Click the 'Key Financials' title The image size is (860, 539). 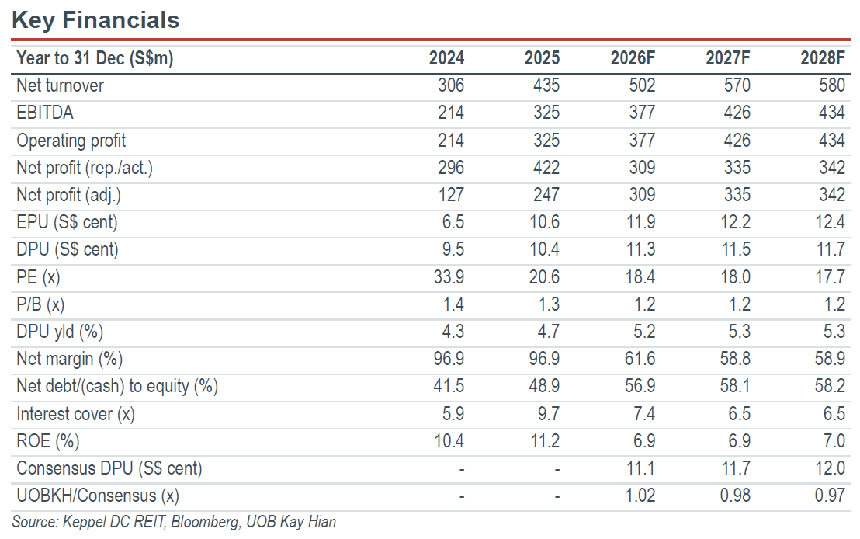[x=95, y=20]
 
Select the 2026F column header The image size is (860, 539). [x=633, y=58]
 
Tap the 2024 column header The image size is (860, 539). [x=446, y=58]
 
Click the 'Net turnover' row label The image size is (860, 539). [x=60, y=85]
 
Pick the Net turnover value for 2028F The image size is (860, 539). [x=831, y=85]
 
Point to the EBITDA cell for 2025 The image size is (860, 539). [x=546, y=113]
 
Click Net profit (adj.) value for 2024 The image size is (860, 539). [x=451, y=195]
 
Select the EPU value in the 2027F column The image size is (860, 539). [x=735, y=222]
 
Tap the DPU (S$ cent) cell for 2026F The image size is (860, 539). [x=640, y=249]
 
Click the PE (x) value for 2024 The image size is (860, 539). [x=449, y=276]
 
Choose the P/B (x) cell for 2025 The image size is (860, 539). [x=549, y=304]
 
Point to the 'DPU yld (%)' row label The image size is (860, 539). [x=60, y=332]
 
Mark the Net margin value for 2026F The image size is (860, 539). [x=640, y=359]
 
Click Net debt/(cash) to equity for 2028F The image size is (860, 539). [x=830, y=386]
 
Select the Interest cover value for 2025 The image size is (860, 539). [x=549, y=413]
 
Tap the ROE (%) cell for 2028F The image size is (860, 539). [x=834, y=440]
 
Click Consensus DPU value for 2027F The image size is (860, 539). [x=736, y=468]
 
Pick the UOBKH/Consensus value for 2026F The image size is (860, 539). [x=640, y=496]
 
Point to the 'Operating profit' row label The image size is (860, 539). [x=71, y=141]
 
